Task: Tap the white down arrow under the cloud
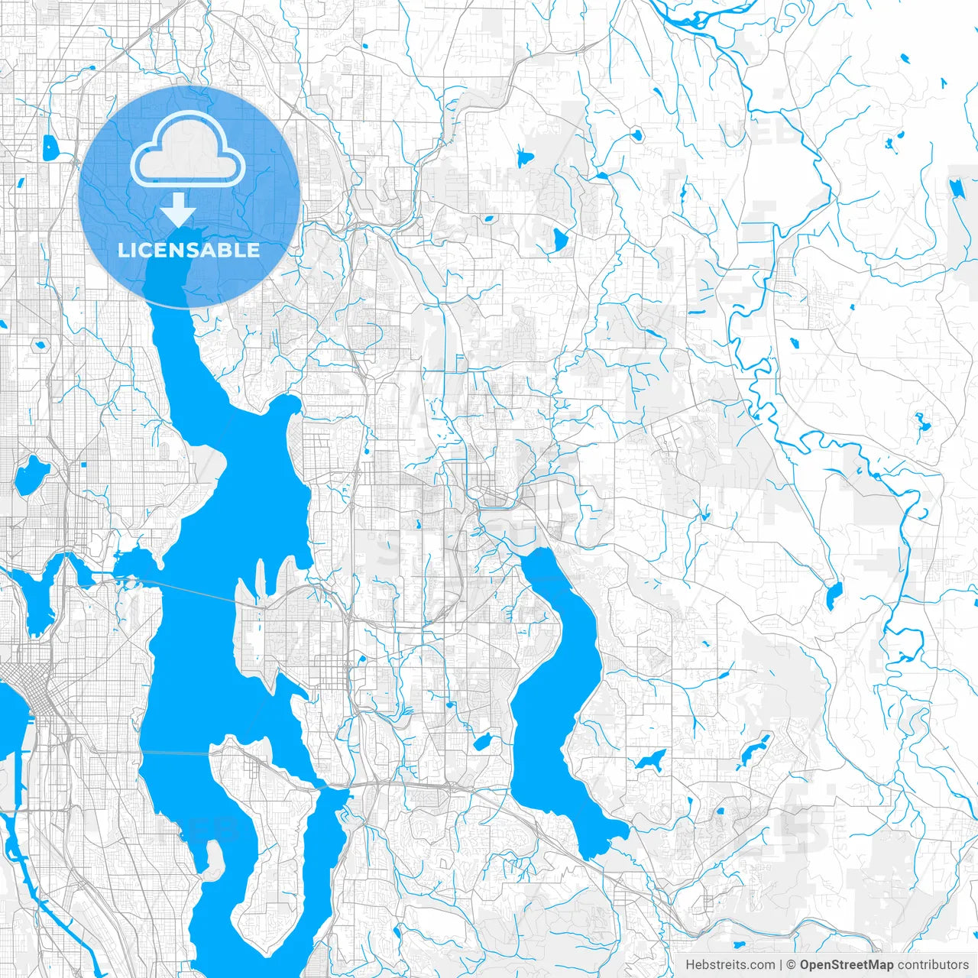pyautogui.click(x=178, y=209)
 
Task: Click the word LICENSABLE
pyautogui.click(x=189, y=251)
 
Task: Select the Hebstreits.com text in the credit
pyautogui.click(x=730, y=965)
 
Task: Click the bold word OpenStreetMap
pyautogui.click(x=847, y=965)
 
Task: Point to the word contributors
pyautogui.click(x=933, y=965)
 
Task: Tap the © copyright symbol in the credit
pyautogui.click(x=792, y=965)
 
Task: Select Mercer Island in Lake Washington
pyautogui.click(x=267, y=825)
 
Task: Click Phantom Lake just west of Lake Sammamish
pyautogui.click(x=482, y=741)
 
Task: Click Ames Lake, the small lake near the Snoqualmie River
pyautogui.click(x=834, y=595)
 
